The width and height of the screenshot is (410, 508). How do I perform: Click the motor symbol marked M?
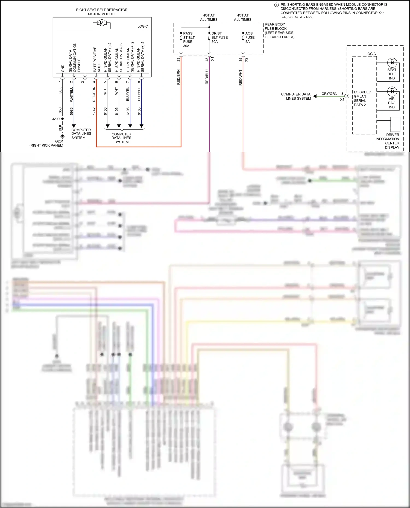click(x=102, y=23)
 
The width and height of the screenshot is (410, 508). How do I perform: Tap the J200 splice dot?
click(x=62, y=119)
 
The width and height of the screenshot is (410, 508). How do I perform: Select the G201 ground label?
click(x=59, y=141)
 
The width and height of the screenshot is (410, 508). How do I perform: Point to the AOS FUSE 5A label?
click(x=250, y=37)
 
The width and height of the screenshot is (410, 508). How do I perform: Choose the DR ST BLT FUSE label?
click(x=219, y=37)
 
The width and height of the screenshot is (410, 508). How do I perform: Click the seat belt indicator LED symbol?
click(x=392, y=63)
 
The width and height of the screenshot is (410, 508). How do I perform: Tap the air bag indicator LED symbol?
click(x=392, y=91)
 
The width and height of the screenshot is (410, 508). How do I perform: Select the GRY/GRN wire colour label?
click(x=329, y=94)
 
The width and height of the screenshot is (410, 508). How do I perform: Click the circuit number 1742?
click(x=94, y=111)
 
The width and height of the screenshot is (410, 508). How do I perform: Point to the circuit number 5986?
click(x=72, y=111)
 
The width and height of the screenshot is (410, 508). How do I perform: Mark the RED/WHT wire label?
click(x=241, y=78)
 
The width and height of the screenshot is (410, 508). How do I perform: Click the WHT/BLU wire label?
click(x=72, y=94)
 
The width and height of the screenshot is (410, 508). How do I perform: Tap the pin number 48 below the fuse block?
click(x=207, y=59)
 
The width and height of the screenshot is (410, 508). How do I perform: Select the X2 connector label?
click(x=246, y=60)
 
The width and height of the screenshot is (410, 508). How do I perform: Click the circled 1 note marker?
click(x=276, y=5)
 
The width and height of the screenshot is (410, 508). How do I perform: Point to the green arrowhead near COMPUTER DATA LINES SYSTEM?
click(x=315, y=96)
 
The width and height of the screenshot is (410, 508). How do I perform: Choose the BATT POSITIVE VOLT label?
click(x=97, y=59)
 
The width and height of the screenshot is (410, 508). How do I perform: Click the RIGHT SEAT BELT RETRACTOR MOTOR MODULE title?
click(x=102, y=12)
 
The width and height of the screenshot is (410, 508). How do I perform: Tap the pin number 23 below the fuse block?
click(x=178, y=59)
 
